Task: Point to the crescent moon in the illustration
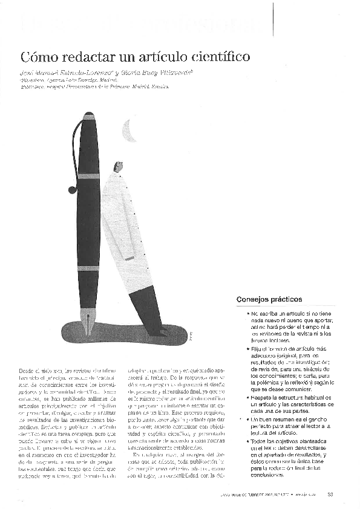pos(128,129)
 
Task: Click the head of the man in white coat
pos(119,166)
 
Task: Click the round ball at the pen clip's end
pos(72,190)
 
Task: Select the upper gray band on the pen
pos(88,177)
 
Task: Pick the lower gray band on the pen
pos(88,268)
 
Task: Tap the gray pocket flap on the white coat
pos(129,258)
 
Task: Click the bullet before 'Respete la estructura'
pos(247,397)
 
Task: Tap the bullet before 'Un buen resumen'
pos(247,419)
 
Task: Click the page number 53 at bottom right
pos(330,496)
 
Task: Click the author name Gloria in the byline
pos(118,72)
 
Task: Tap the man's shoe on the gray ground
pos(159,332)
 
